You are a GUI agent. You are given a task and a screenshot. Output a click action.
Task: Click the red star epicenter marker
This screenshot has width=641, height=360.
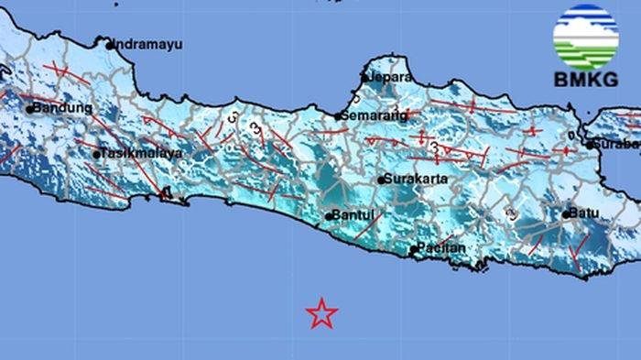321,314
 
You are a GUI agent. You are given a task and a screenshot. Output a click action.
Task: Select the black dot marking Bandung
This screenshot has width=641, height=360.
29,109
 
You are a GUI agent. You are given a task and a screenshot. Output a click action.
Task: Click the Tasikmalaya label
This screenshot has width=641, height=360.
140,154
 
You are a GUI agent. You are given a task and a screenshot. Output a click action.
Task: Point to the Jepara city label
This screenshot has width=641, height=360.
386,78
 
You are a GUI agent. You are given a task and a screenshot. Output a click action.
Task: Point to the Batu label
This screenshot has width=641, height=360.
584,213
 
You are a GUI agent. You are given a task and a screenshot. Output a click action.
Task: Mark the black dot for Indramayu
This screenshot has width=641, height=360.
109,44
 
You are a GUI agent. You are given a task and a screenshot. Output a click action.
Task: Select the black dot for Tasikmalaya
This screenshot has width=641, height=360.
97,155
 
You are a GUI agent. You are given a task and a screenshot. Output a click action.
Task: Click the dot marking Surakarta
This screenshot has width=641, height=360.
381,180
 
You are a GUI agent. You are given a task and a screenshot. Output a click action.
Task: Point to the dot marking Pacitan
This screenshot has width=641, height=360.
413,249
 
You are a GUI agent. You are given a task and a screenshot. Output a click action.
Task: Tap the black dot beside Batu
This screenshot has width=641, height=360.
565,214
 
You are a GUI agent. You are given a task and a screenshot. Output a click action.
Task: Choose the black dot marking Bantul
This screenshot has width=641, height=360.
328,218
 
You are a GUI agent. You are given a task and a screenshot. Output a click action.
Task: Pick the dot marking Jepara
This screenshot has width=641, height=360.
364,79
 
